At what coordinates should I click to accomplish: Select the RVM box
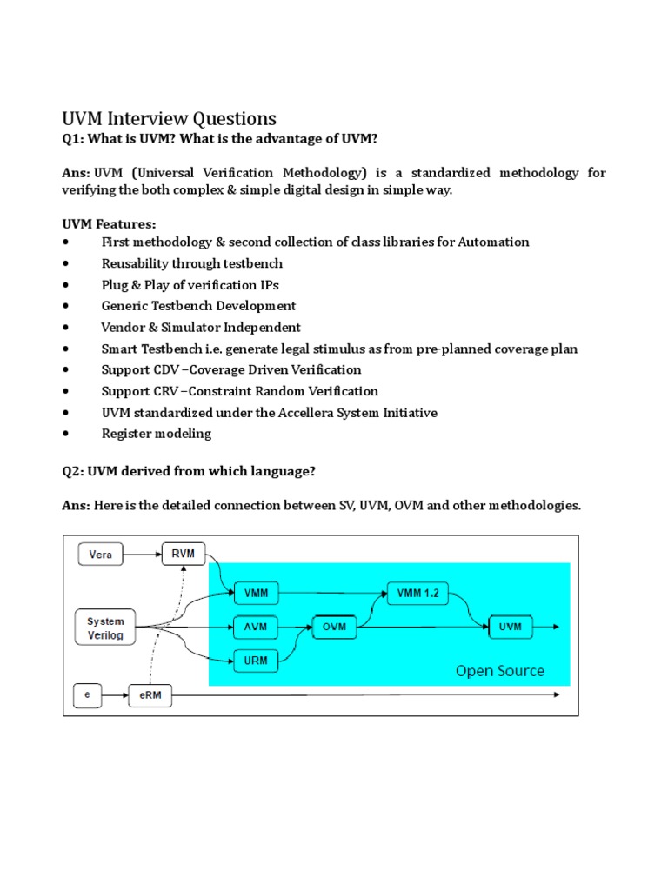184,553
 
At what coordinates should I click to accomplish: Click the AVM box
256,627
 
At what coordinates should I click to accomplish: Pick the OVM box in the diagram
335,627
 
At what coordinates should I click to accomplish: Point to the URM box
256,661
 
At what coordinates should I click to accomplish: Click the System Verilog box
105,628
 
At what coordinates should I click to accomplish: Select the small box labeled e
87,696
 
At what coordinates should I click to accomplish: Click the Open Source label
500,670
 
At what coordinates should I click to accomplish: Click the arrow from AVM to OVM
295,627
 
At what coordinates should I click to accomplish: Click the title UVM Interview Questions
169,118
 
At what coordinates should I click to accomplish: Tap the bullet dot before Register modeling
67,434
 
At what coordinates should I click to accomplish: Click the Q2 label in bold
74,470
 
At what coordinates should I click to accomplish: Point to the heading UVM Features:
109,224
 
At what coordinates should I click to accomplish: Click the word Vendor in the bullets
124,328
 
